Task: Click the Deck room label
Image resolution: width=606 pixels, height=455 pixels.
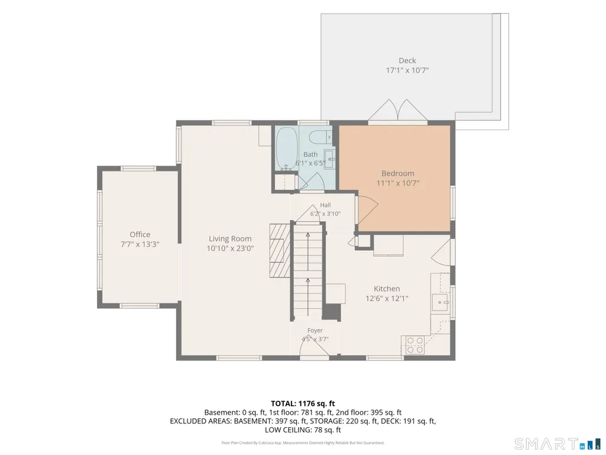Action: coord(407,60)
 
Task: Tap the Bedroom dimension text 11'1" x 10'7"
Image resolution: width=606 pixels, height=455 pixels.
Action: coord(398,183)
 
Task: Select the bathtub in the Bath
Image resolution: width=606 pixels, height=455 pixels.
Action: coord(287,149)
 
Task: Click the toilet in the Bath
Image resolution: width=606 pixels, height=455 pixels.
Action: coord(322,137)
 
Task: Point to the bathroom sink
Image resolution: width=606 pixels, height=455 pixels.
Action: coord(329,159)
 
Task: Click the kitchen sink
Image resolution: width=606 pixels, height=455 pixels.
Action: coord(440,302)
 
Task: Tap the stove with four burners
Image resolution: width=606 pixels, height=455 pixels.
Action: coord(414,345)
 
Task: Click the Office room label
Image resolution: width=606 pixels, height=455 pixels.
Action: coord(140,234)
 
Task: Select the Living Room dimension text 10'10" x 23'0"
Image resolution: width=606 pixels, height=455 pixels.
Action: coord(231,249)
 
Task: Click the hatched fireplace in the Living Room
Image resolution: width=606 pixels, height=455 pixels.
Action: coord(280,250)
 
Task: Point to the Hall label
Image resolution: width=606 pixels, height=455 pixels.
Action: coord(325,205)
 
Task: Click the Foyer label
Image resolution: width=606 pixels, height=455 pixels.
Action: coord(315,330)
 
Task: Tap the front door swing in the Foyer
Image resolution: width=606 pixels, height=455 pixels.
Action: coord(314,346)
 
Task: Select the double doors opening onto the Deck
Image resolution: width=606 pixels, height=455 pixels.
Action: coord(398,110)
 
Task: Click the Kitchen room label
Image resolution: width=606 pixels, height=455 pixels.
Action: coord(387,289)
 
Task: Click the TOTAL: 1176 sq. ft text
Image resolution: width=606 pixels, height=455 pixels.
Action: coord(303,404)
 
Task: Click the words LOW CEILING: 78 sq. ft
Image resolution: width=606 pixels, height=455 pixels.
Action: coord(303,430)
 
